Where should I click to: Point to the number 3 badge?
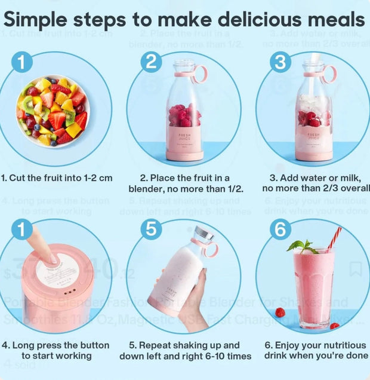click(x=280, y=62)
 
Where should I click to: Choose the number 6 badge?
click(x=280, y=230)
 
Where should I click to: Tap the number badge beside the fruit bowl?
click(x=21, y=62)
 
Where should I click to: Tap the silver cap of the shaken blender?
click(x=203, y=234)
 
